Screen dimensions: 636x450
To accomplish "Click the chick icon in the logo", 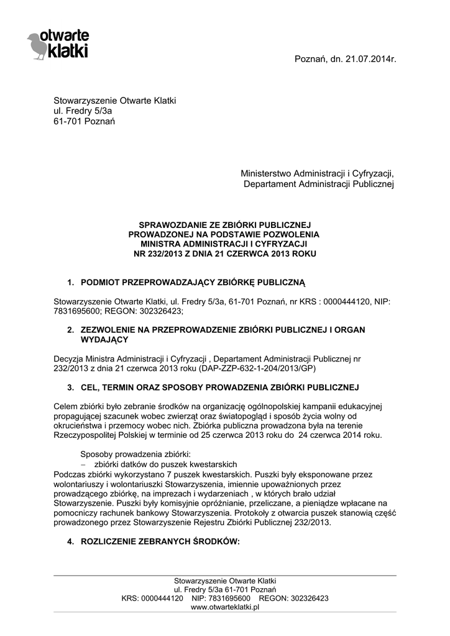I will [x=38, y=45].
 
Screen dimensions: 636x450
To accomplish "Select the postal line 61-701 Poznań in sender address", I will [x=84, y=121].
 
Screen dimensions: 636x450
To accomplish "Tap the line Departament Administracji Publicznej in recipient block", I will [x=319, y=184].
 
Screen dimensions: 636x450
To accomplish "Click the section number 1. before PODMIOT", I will [x=71, y=283].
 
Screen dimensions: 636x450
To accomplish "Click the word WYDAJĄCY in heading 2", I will [x=104, y=340].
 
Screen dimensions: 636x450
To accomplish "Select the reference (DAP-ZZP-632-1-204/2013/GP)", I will [x=258, y=368].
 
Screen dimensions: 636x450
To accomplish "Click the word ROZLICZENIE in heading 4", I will [x=111, y=542].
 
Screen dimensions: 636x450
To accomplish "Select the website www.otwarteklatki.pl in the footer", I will [x=224, y=607].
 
